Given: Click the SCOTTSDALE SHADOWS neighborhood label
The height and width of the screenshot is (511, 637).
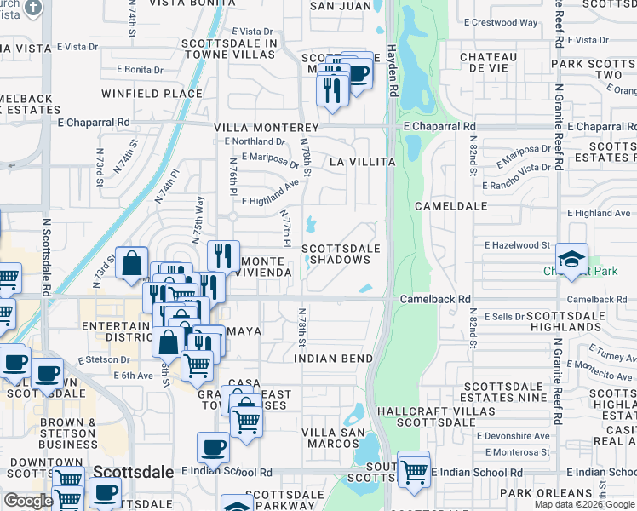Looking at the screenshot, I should coord(341,254).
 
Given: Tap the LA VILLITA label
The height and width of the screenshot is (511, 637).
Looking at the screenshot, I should coord(363,162).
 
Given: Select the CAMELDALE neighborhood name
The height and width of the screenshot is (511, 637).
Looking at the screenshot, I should coord(450,206).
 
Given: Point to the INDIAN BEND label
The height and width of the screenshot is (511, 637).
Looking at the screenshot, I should coord(334,359).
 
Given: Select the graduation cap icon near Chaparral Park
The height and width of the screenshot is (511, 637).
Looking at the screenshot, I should coord(571,259).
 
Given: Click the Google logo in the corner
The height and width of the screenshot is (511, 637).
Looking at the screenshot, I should coord(28,501).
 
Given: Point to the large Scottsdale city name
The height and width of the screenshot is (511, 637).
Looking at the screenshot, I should coord(128,472).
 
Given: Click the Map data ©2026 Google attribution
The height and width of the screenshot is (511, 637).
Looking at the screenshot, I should coord(583,504).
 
